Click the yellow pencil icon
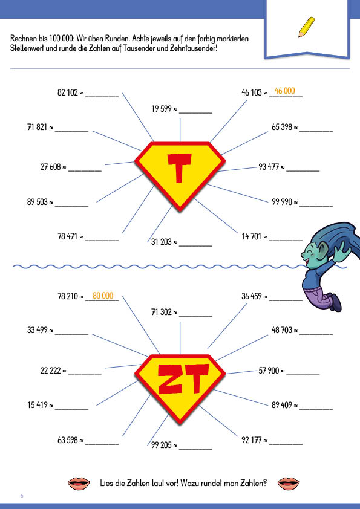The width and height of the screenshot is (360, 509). (306, 27)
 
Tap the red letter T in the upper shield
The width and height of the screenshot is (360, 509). (179, 168)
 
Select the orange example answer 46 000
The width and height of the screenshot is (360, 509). (284, 91)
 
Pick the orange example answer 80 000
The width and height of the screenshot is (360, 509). (103, 296)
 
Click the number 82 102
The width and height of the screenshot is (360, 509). (68, 92)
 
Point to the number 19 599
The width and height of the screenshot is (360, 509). (162, 109)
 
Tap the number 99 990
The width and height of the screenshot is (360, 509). (282, 202)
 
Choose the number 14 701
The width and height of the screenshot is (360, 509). (252, 236)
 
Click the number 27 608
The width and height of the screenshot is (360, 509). (51, 167)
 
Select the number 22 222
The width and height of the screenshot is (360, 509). (51, 371)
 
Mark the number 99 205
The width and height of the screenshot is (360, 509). (162, 445)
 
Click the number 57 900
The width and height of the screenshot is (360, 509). (269, 371)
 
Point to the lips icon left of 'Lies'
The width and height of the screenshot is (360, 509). (79, 484)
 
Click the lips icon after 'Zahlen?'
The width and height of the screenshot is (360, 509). (289, 484)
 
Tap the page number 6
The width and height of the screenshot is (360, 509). (22, 496)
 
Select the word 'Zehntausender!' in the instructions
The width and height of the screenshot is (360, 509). (192, 48)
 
